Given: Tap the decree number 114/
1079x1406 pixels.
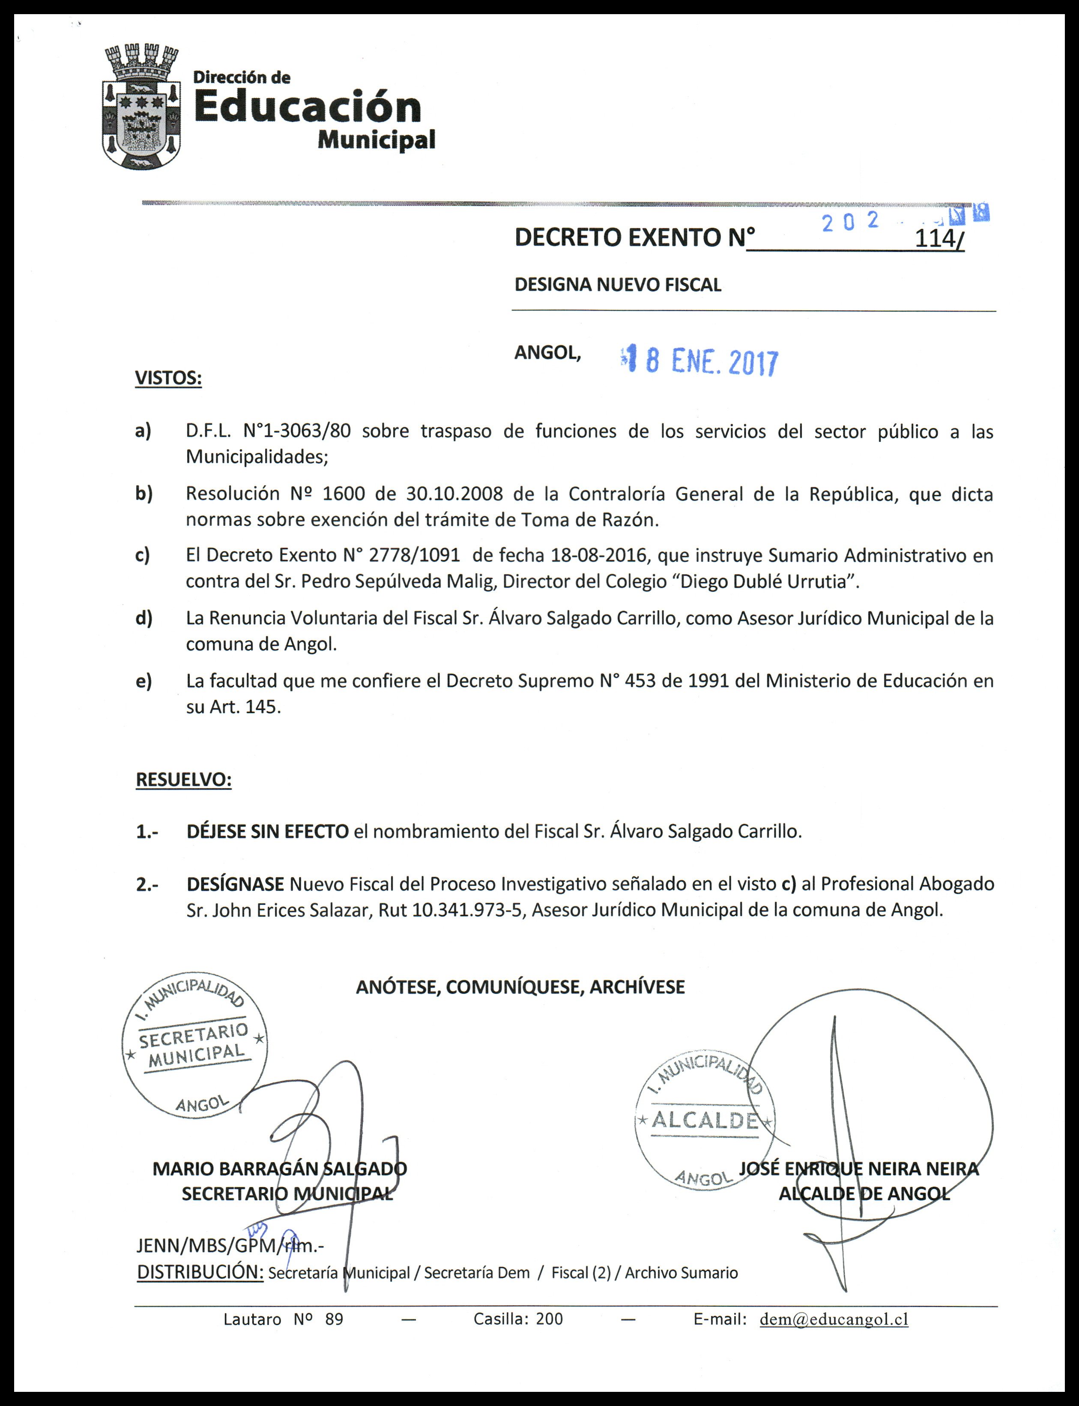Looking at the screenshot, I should click(x=939, y=238).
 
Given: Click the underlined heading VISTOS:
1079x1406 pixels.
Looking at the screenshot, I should click(x=168, y=378).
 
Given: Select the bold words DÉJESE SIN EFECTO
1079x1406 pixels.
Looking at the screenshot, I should click(x=267, y=831).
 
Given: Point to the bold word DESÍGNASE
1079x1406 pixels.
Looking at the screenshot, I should click(x=235, y=884).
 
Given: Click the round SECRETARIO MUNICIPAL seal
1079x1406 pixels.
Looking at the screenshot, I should click(x=194, y=1046).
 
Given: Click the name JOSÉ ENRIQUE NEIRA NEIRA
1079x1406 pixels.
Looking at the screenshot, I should click(x=859, y=1169).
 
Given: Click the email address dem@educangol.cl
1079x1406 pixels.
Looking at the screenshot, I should click(x=834, y=1319).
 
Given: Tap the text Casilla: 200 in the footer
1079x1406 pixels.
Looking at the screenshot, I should click(x=518, y=1319).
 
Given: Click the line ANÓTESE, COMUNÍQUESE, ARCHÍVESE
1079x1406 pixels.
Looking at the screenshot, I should click(x=520, y=987).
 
